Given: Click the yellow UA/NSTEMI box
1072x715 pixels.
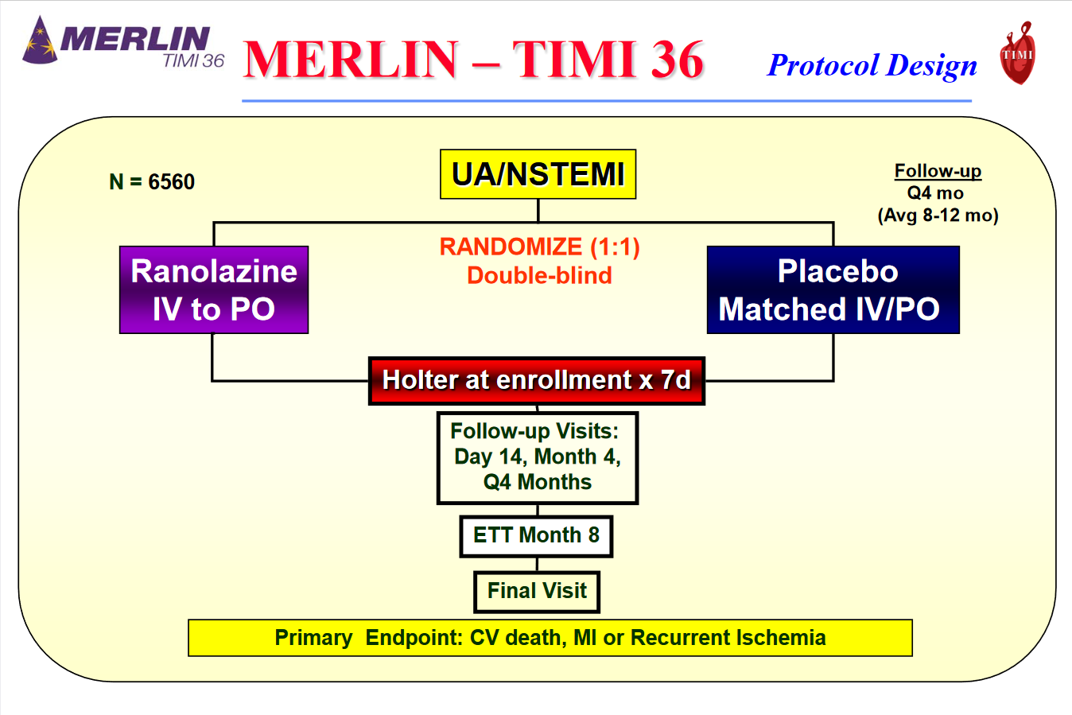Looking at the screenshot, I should tap(538, 174).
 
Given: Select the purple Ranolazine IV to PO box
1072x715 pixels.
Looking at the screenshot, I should tap(214, 289).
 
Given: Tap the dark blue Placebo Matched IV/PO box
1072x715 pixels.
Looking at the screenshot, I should tap(833, 289).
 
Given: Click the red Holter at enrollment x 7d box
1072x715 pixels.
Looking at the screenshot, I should tap(537, 380).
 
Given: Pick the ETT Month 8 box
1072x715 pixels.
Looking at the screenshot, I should tap(537, 535).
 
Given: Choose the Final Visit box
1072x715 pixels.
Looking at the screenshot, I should tap(537, 592).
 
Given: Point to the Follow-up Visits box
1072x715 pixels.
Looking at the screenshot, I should tap(538, 457).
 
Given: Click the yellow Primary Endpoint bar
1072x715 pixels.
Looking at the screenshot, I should tap(550, 638).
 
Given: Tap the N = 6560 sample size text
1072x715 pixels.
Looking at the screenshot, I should tap(152, 182).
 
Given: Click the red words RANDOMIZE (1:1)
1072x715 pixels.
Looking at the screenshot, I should tap(539, 247).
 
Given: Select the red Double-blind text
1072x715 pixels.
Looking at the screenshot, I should tap(539, 276).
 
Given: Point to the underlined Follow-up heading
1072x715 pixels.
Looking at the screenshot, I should tap(938, 171).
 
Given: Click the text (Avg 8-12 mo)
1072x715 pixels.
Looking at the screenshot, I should tap(938, 216).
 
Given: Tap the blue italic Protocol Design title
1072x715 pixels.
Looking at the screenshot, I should tap(872, 65).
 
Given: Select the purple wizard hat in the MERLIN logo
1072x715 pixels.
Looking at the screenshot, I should tap(40, 41).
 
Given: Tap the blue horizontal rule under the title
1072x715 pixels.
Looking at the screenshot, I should tap(606, 101).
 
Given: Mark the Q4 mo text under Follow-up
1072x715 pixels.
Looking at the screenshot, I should tap(935, 193).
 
